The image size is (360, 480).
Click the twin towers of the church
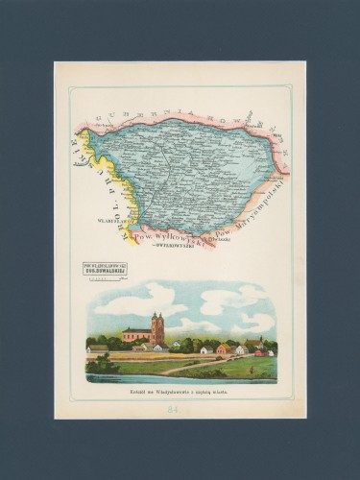[x=157, y=325]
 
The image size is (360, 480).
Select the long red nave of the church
[x=137, y=335]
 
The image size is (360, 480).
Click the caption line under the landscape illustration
[x=180, y=391]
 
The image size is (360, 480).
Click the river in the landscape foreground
[x=182, y=378]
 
